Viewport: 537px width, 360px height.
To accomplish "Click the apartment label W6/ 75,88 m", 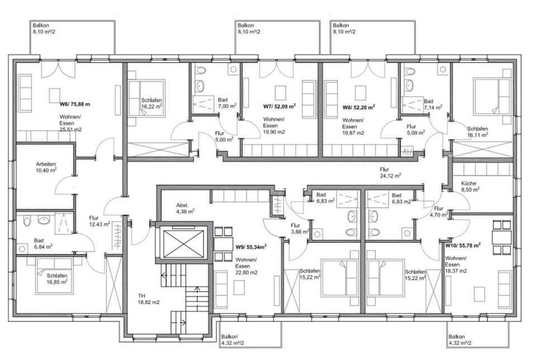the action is [74, 104].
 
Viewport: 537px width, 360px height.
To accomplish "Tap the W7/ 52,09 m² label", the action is [279, 106].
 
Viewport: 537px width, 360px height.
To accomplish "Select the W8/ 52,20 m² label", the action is [359, 107].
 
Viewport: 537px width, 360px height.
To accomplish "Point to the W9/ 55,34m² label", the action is [251, 246].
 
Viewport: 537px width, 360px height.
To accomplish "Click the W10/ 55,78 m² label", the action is [463, 245].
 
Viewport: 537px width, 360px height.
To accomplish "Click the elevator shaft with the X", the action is [183, 244].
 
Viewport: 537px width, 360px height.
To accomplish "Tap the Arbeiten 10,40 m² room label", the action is [46, 167].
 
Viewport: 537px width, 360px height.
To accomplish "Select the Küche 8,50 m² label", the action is [470, 186].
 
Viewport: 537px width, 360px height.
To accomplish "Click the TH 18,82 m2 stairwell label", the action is [149, 299].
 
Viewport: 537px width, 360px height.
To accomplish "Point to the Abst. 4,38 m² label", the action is [185, 208].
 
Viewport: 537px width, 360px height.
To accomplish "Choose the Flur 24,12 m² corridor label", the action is [390, 172].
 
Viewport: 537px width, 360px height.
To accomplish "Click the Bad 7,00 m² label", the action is [227, 103].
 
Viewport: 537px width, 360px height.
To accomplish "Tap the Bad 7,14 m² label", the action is [433, 104].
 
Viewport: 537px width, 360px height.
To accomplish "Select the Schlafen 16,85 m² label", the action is [57, 279].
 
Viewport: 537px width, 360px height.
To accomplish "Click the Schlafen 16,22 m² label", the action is [152, 103].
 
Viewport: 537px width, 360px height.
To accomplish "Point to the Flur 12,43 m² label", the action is [100, 221].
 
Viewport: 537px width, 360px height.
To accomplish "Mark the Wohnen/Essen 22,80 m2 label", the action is [246, 266].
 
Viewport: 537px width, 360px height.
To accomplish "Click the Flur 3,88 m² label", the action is [300, 228].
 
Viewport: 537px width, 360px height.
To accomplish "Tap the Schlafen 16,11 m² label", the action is [478, 132].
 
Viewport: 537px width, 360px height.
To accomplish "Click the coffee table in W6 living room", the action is [54, 95].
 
